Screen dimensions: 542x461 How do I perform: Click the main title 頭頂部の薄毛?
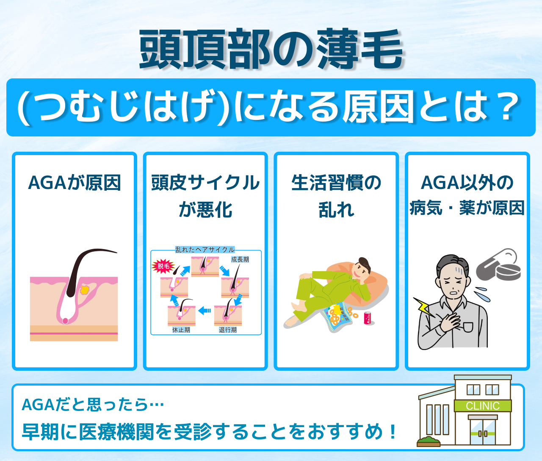[x=271, y=49]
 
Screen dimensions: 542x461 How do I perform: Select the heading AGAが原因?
[x=75, y=183]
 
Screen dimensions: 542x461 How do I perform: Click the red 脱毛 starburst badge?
[x=163, y=267]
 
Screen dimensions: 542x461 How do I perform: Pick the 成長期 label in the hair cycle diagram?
[x=240, y=259]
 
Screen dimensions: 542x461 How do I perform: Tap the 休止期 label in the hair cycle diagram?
[x=181, y=330]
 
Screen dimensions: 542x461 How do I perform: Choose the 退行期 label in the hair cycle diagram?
[x=228, y=330]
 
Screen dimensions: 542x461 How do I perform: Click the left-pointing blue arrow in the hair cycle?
[x=205, y=311]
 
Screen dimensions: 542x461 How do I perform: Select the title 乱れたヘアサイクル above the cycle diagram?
[x=205, y=250]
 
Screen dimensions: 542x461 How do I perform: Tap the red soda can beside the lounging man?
[x=368, y=318]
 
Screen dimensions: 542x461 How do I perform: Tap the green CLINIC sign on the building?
[x=482, y=405]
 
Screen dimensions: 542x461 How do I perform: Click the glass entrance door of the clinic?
[x=483, y=432]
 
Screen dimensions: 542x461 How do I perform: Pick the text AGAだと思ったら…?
[x=93, y=405]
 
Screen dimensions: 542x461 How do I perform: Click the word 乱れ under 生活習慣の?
[x=337, y=210]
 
